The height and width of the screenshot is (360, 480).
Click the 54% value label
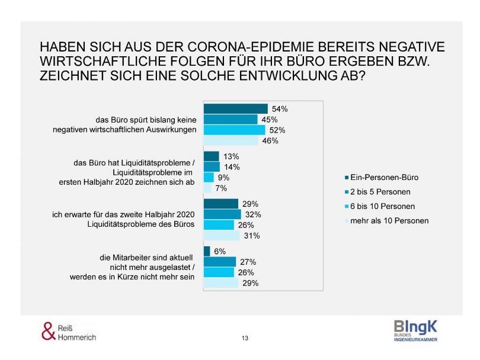(280, 109)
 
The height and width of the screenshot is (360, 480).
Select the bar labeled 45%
(231, 120)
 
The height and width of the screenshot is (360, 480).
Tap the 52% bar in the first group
(234, 130)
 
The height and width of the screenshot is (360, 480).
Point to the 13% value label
(232, 157)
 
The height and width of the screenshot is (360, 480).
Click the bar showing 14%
(212, 167)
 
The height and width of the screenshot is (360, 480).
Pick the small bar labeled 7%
(207, 188)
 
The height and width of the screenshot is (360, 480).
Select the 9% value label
(223, 178)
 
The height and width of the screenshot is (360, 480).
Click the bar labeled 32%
(222, 214)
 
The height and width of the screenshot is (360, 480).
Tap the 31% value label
(252, 236)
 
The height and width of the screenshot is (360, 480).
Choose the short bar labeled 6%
(207, 252)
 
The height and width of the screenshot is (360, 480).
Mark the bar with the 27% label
(220, 262)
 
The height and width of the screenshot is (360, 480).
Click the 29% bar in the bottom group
(221, 284)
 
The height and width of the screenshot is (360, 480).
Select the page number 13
(245, 338)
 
